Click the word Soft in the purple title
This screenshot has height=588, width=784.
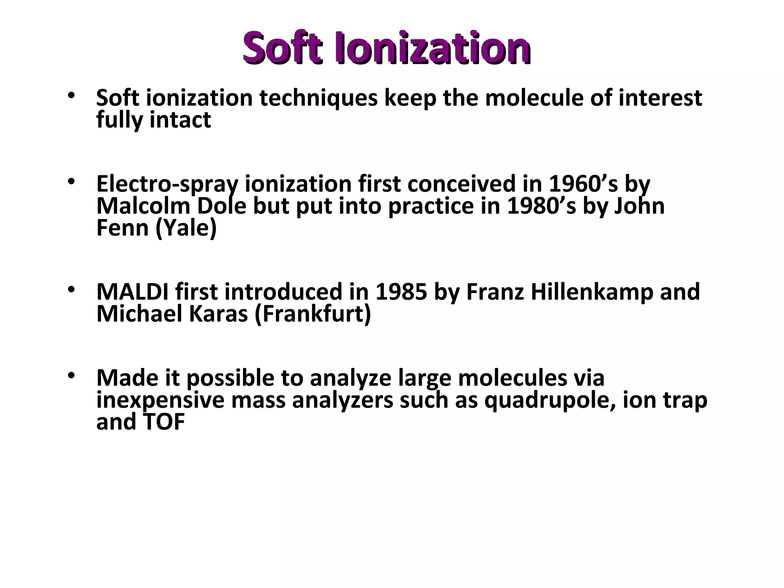tap(282, 48)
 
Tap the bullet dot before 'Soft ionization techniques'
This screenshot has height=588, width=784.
tap(70, 95)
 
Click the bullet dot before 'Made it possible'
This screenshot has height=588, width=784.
tap(70, 376)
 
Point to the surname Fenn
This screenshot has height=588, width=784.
tap(122, 228)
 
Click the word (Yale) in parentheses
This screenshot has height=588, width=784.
tap(186, 229)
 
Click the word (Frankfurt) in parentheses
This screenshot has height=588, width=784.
tap(312, 315)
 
